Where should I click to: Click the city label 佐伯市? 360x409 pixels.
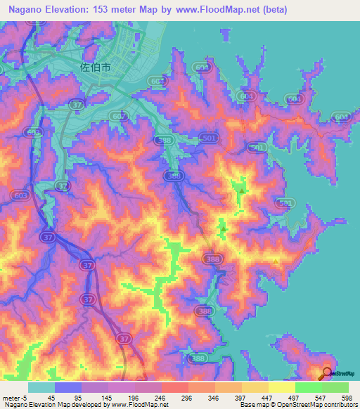click(95, 68)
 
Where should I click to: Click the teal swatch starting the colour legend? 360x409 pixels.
click(41, 387)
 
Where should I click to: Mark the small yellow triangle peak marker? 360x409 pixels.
click(276, 261)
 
